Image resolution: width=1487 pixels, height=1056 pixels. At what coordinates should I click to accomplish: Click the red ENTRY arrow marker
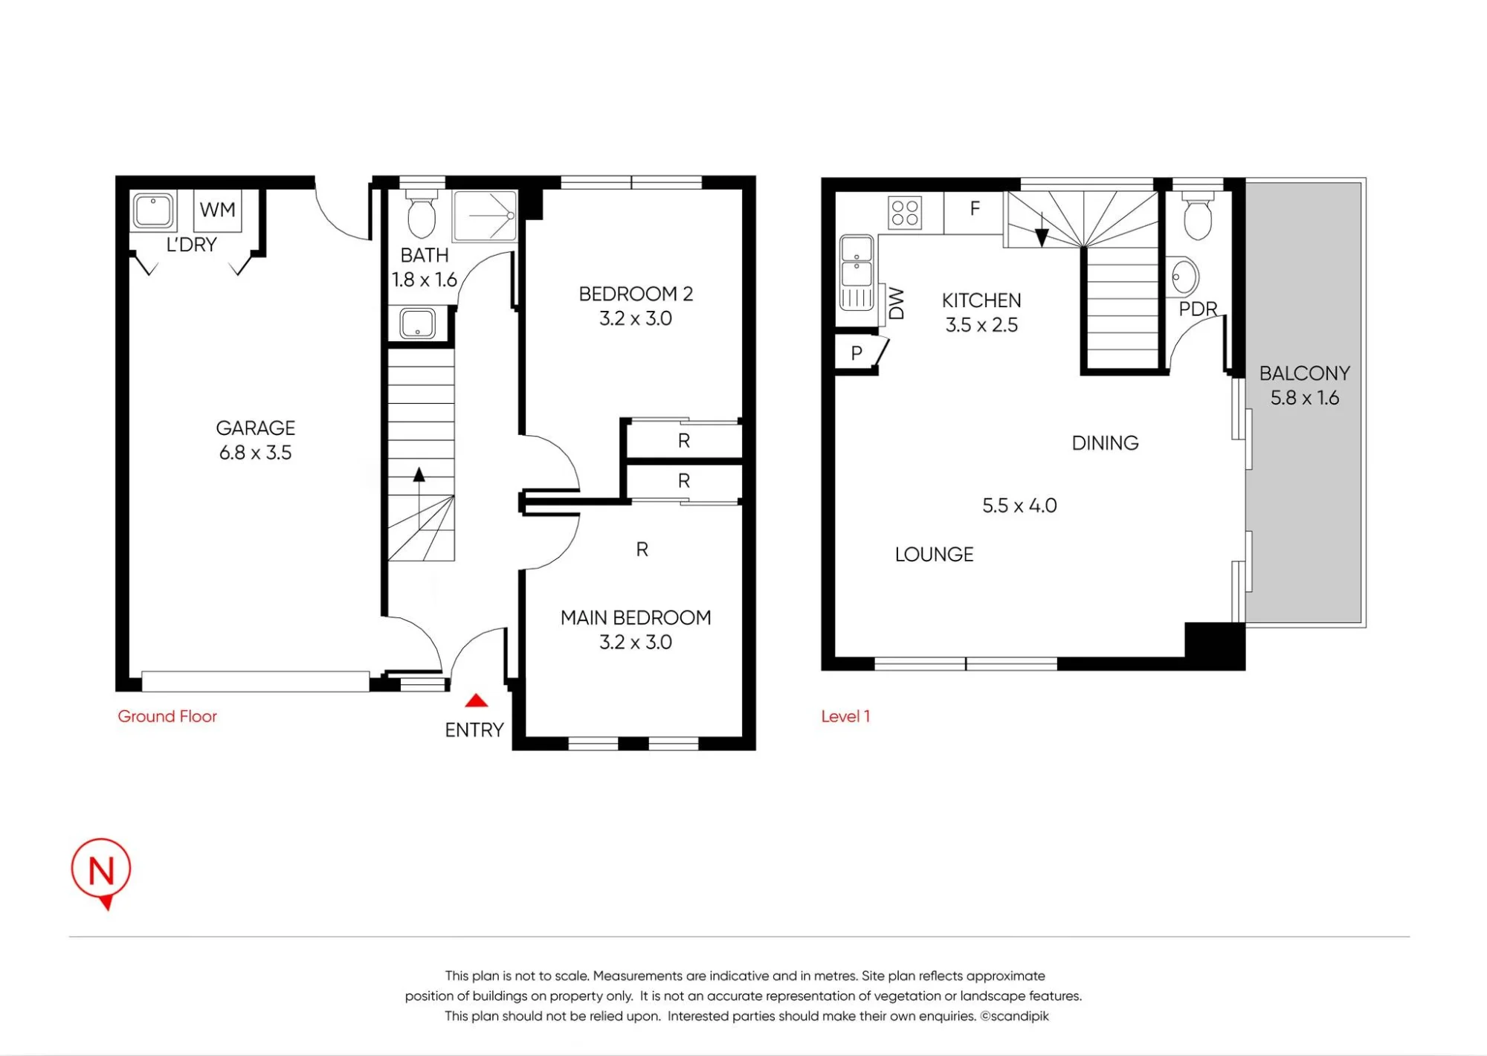[x=476, y=701]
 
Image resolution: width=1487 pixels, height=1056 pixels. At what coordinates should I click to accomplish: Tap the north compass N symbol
[x=101, y=872]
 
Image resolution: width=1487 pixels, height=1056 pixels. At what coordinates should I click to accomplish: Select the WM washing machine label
[x=217, y=210]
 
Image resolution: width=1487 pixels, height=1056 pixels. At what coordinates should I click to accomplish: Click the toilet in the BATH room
[x=422, y=213]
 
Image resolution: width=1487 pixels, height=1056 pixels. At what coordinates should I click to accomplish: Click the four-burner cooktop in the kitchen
[x=906, y=212]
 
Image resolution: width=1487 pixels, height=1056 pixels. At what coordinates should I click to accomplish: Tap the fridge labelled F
[x=974, y=213]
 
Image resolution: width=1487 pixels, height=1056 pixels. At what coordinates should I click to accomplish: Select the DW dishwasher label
[x=897, y=303]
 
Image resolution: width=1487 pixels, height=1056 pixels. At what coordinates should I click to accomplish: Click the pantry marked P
[x=857, y=353]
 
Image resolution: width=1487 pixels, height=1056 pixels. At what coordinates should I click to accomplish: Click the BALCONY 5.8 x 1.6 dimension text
[x=1305, y=398]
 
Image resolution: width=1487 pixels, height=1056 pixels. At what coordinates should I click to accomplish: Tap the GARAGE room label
[x=256, y=428]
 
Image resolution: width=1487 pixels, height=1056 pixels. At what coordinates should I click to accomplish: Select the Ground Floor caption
[x=167, y=716]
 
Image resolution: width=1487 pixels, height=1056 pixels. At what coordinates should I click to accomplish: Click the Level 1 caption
[x=845, y=716]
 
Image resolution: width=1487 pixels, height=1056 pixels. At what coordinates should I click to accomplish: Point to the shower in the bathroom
[x=485, y=216]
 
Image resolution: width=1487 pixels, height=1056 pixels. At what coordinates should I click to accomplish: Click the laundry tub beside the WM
[x=154, y=211]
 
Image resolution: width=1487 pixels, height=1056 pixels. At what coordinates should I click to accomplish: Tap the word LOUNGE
[x=934, y=554]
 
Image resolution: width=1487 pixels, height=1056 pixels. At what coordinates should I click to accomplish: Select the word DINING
[x=1105, y=443]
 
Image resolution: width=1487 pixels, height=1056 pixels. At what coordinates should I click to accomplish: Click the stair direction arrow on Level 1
[x=1042, y=229]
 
